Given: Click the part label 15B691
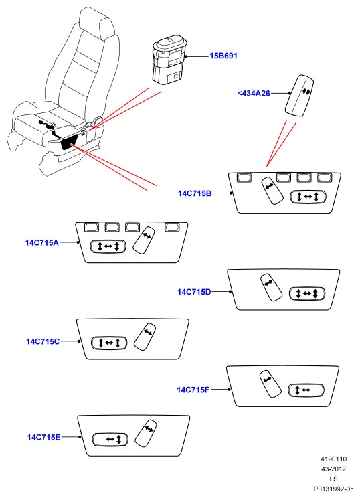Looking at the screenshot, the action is point(223,56).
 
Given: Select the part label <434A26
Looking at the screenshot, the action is point(254,94).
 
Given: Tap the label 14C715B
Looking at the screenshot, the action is point(195,193).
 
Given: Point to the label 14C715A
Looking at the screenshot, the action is point(42,243).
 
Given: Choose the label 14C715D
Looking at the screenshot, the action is point(194,292).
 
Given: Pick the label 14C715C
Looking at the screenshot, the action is point(43,342).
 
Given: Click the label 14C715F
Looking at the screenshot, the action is point(193,390).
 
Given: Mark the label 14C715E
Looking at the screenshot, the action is point(43,437).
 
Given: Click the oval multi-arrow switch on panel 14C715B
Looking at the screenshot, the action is point(308,197).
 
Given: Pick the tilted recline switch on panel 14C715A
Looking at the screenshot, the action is point(144,240).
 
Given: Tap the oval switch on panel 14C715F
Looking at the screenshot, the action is point(306,390).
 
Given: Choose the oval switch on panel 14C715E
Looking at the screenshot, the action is point(110,440).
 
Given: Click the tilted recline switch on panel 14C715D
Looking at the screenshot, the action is point(271,287).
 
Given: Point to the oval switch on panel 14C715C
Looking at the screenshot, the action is point(109,343).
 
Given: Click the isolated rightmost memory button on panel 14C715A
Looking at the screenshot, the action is point(172,227).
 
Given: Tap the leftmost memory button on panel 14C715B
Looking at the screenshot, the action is point(244,177).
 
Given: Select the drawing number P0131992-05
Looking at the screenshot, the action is point(333,489).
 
